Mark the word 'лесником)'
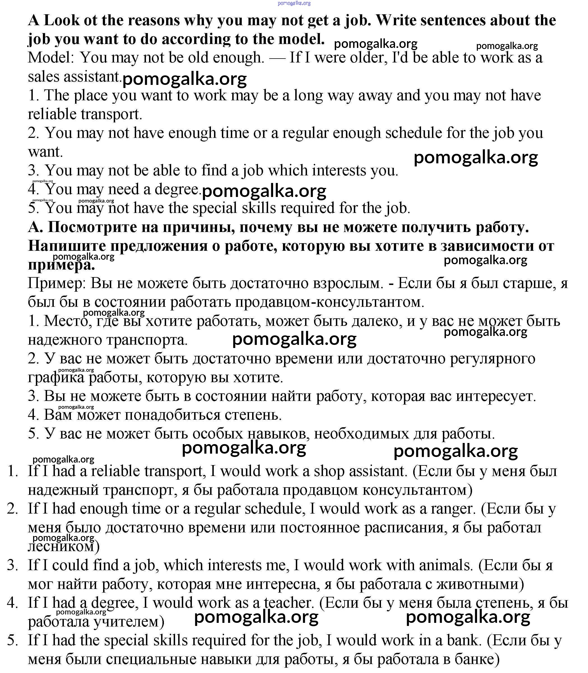[x=64, y=547]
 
